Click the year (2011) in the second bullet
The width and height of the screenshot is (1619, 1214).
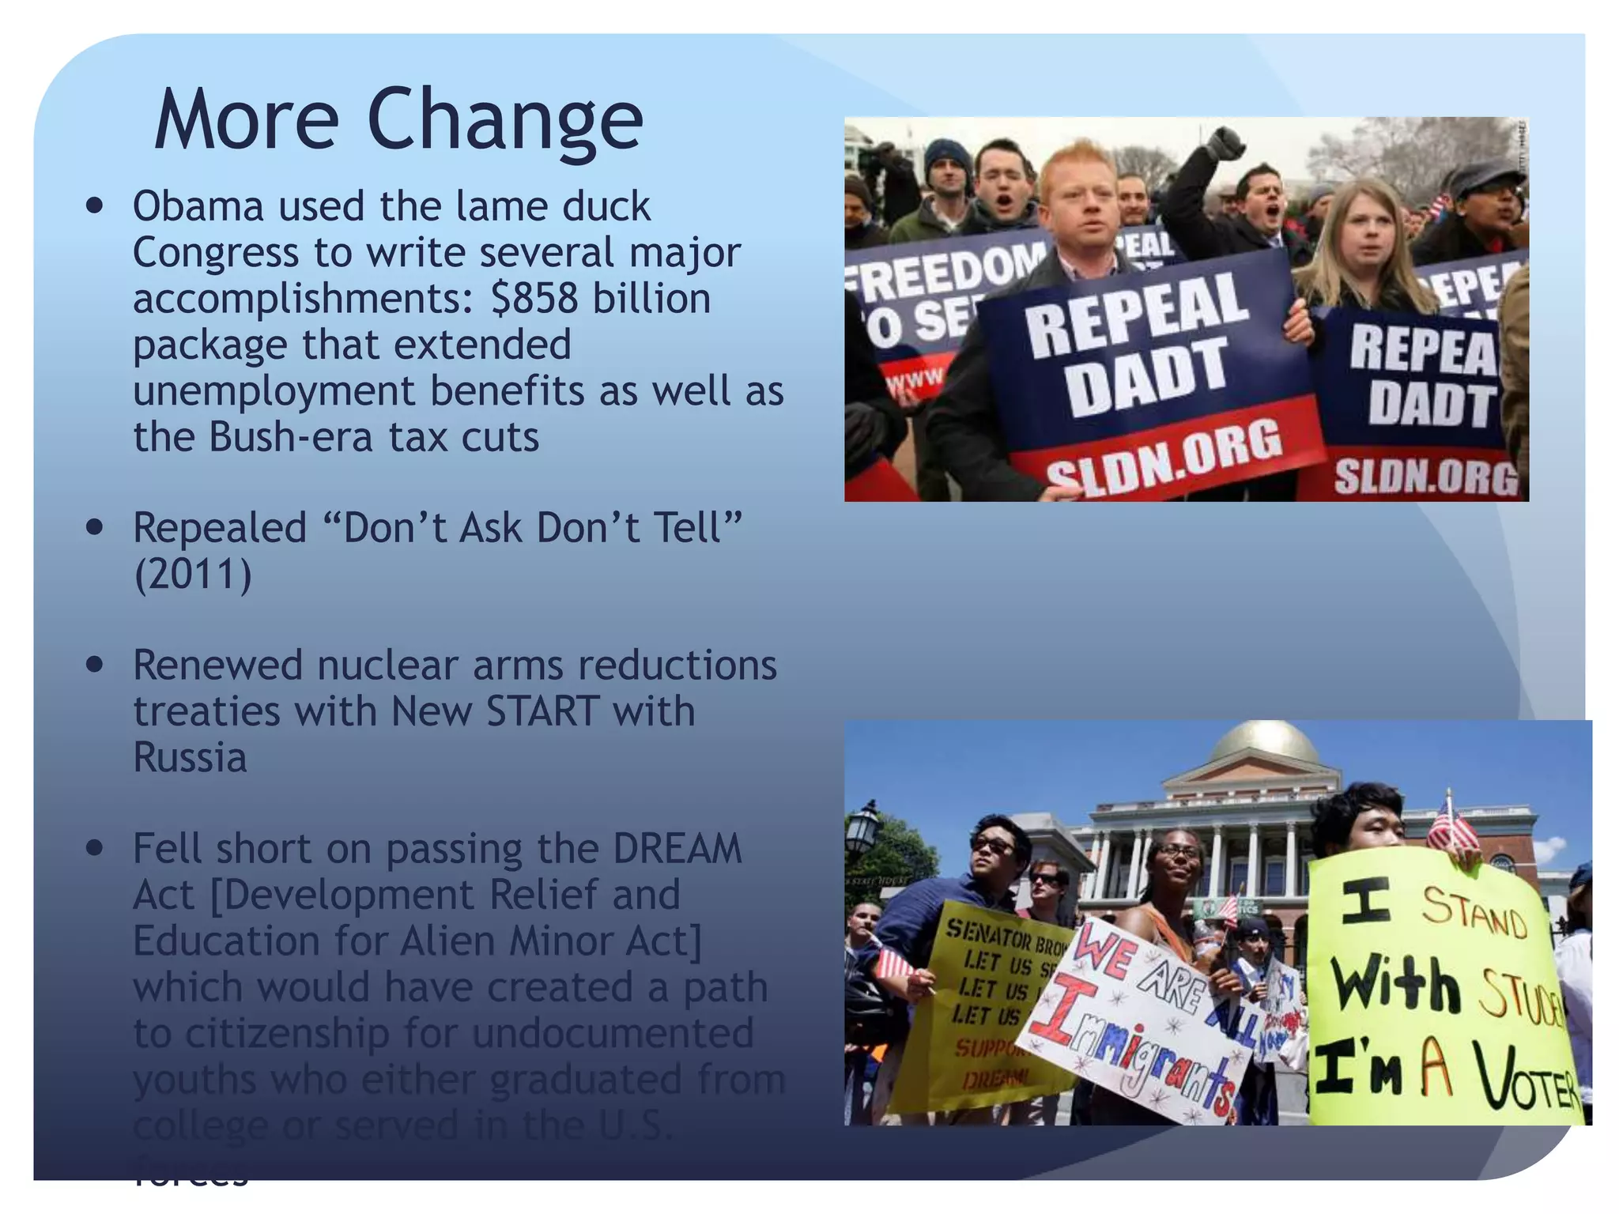point(192,575)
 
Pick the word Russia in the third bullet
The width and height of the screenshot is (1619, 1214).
point(190,757)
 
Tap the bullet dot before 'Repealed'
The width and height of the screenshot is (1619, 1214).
point(95,527)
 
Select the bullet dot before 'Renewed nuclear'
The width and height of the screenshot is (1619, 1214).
point(95,665)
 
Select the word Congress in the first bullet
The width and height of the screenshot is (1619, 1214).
point(216,253)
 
